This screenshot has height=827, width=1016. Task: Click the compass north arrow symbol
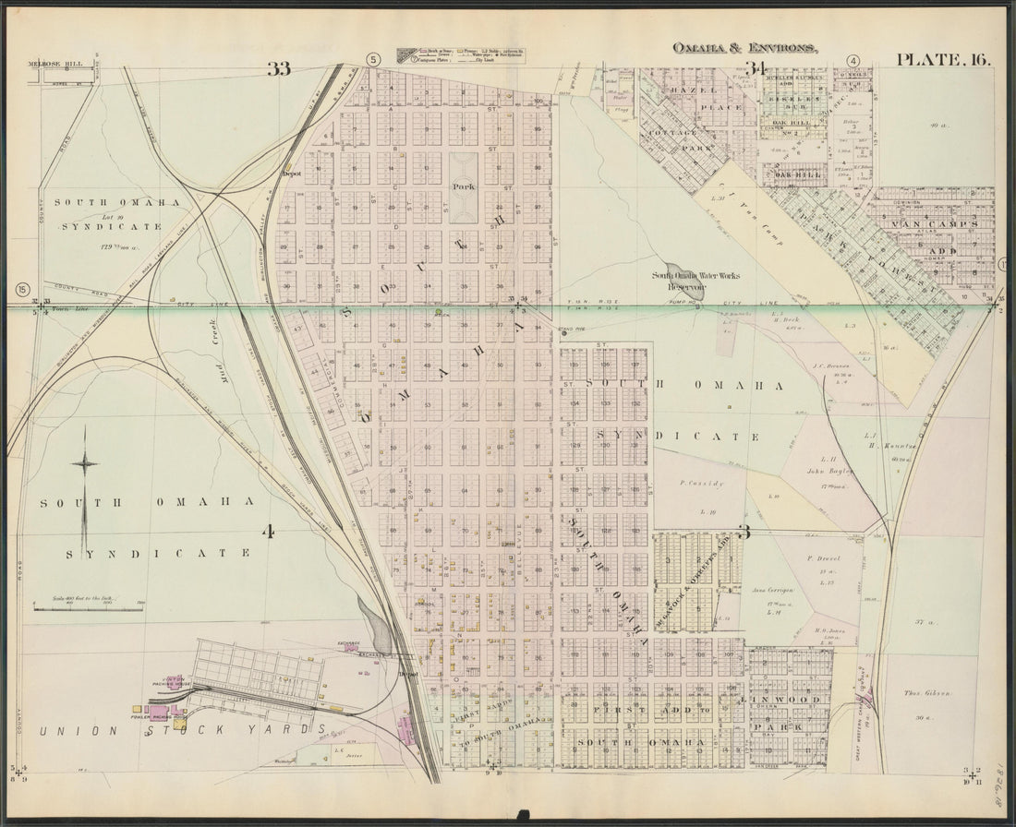pos(85,488)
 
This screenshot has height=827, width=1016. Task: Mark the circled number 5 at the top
pos(373,61)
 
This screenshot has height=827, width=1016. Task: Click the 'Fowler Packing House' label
pos(171,699)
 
